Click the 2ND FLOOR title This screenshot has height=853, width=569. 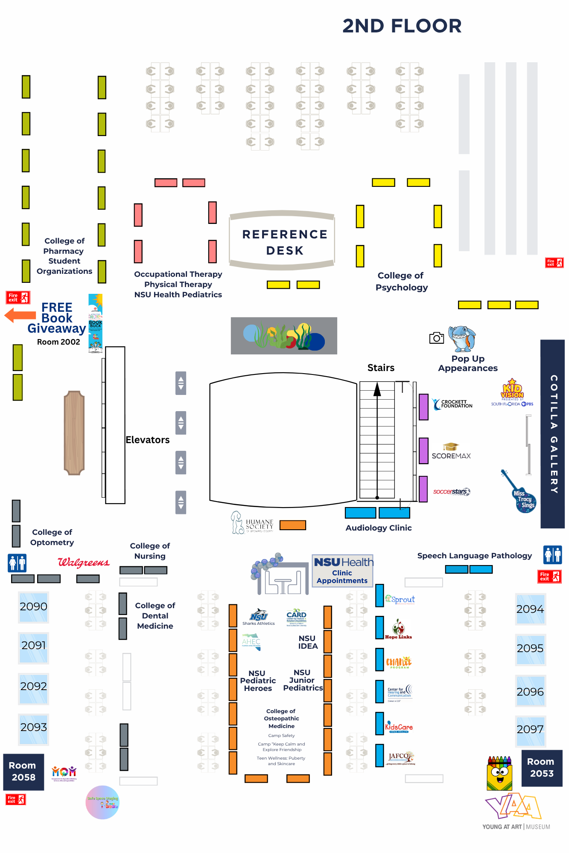tap(402, 26)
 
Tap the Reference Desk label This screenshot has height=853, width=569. tap(285, 242)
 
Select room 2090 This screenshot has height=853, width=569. tap(33, 607)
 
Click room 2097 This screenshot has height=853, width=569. tap(530, 730)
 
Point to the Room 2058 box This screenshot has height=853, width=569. tap(23, 772)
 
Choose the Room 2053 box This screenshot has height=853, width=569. tap(541, 768)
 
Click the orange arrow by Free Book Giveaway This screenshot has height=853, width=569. tap(20, 316)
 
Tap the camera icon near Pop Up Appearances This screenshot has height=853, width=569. tap(436, 338)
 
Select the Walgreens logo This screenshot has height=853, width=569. tap(84, 563)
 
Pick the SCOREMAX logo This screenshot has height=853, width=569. tap(451, 452)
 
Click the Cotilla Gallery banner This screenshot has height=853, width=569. tap(553, 434)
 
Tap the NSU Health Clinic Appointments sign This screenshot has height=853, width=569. tap(343, 571)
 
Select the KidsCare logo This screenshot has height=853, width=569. tap(399, 727)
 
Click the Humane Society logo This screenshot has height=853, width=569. tap(253, 523)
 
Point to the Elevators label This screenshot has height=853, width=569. tap(147, 440)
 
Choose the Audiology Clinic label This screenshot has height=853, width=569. tap(379, 528)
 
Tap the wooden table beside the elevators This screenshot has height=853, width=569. tap(74, 432)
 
